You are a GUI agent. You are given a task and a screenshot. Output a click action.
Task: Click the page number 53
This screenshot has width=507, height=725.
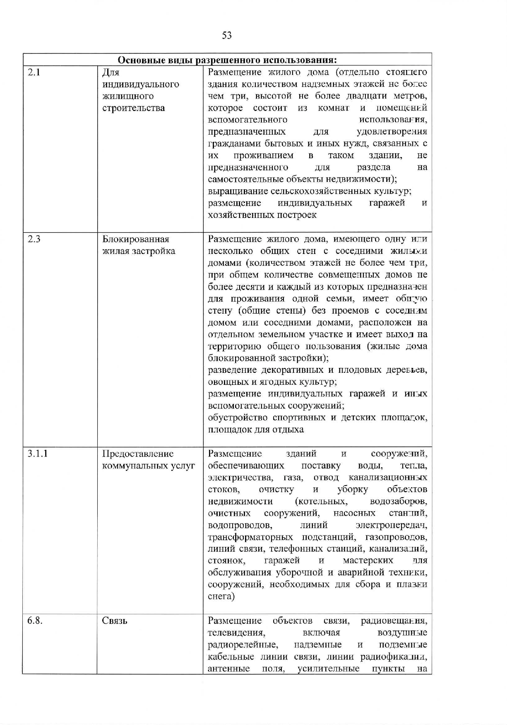(x=227, y=35)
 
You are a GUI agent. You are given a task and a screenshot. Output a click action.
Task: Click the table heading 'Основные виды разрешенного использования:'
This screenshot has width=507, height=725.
(x=227, y=60)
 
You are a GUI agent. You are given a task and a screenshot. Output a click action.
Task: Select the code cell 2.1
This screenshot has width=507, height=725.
(x=34, y=72)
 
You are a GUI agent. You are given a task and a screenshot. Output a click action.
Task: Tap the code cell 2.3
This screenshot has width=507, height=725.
(x=34, y=239)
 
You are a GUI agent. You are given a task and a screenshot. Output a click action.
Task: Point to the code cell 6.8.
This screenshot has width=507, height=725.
(x=35, y=621)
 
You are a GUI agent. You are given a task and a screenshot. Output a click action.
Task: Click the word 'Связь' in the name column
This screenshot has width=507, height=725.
(x=115, y=621)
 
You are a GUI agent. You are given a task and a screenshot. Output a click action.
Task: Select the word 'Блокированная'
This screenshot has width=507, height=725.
(x=136, y=239)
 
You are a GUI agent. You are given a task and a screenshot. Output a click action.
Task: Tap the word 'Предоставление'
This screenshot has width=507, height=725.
(x=138, y=454)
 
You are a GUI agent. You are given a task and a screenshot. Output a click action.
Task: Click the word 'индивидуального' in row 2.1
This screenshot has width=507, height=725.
(x=141, y=85)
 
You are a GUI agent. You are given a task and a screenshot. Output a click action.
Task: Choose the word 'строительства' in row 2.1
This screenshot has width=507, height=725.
(x=133, y=108)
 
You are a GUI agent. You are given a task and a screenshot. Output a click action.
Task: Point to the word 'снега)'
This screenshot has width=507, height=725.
(x=221, y=597)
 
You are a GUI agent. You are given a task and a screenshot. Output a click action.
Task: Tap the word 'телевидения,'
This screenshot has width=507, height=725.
(x=236, y=633)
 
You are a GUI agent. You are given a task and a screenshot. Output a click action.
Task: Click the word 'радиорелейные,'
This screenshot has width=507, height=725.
(x=243, y=645)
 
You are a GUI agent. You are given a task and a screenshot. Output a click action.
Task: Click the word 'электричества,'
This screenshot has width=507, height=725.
(x=240, y=478)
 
